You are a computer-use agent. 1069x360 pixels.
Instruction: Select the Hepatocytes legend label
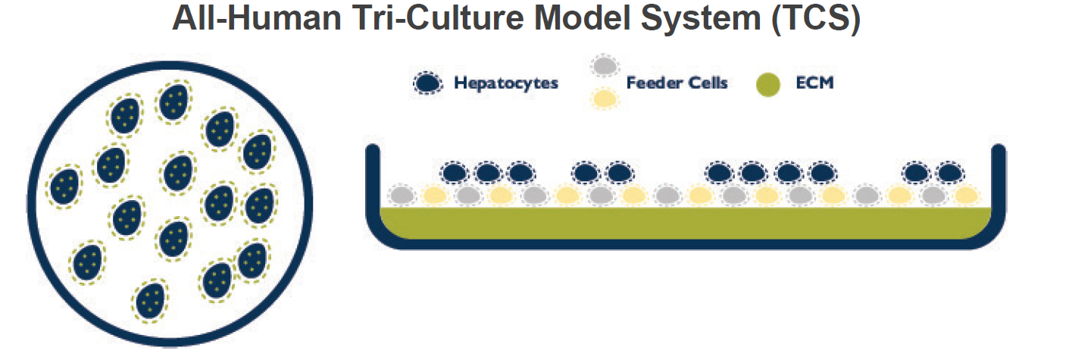tap(506, 83)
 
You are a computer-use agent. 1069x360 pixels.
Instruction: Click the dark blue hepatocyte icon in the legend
tap(430, 83)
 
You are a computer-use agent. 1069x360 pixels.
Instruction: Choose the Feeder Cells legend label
tap(677, 83)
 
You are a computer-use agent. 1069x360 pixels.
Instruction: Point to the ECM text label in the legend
tap(816, 83)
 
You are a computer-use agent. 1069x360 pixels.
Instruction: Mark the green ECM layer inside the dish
tap(686, 221)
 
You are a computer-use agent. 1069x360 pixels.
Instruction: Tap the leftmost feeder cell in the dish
tap(402, 196)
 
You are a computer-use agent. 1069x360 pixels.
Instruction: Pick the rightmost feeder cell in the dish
tap(967, 196)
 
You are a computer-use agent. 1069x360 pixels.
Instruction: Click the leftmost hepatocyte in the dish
tap(455, 174)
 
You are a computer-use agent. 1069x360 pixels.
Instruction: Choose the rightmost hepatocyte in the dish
tap(949, 174)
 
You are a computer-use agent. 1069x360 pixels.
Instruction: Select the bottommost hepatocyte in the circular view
tap(151, 301)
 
